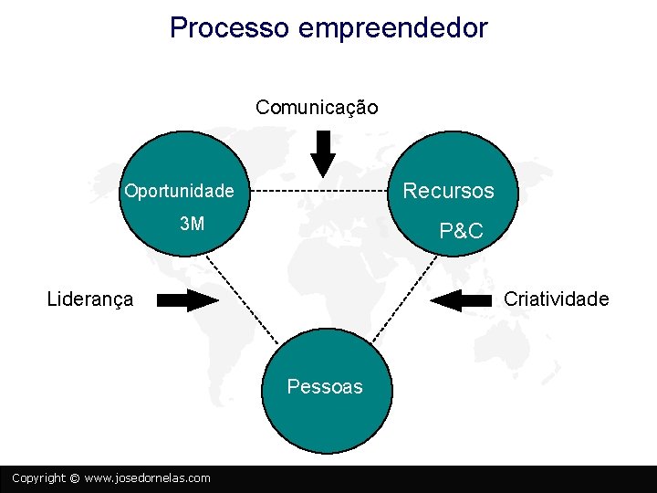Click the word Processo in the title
point(229,27)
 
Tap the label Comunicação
point(317,108)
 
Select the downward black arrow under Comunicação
point(323,153)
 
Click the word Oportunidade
point(179,192)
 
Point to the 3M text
point(192,224)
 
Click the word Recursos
point(448,191)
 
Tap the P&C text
point(461,231)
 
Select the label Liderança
point(89,299)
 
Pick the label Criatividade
point(556,299)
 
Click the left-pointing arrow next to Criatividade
point(460,299)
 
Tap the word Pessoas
point(325,386)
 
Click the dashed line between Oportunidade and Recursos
point(319,191)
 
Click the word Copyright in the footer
point(38,478)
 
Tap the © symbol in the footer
point(75,478)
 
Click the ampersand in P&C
point(461,231)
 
